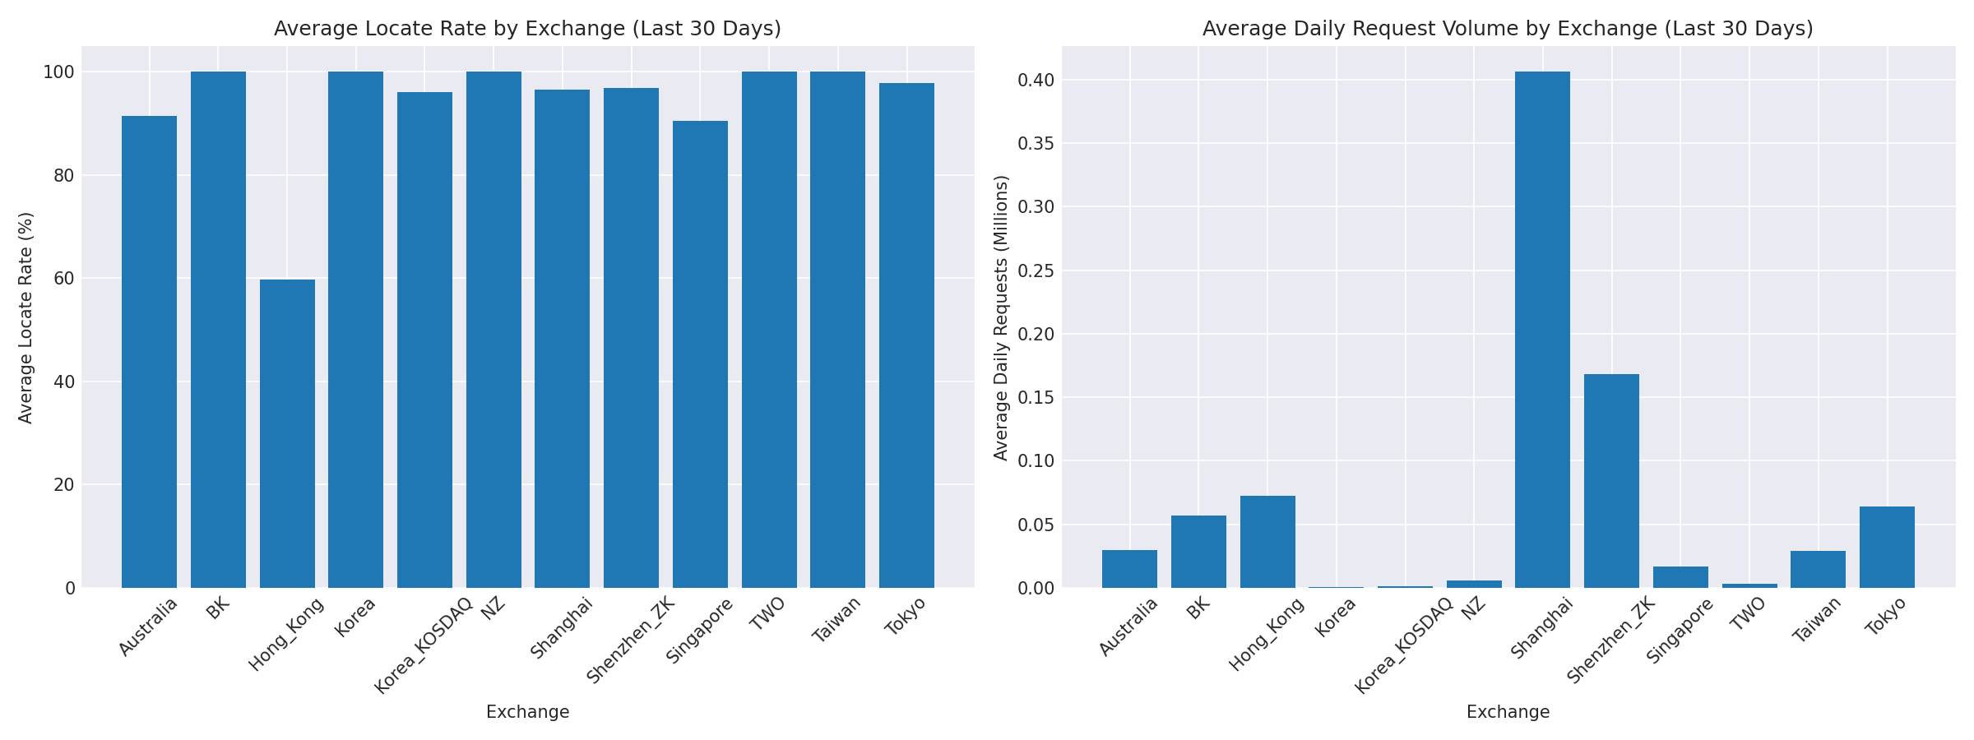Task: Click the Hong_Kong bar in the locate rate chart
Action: coord(287,433)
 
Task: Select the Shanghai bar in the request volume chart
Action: coord(1542,329)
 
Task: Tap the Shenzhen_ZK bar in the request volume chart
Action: coord(1611,481)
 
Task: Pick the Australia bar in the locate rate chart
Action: coord(149,352)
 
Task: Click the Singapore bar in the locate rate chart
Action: coord(700,354)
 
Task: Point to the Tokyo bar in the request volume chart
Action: coord(1887,547)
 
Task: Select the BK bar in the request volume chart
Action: coord(1198,552)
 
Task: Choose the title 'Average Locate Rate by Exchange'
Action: coord(527,29)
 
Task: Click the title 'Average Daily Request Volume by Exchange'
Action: coord(1508,29)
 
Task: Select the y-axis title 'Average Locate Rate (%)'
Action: coord(26,317)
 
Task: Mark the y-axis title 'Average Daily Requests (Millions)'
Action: coord(1001,317)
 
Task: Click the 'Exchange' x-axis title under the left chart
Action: coord(527,712)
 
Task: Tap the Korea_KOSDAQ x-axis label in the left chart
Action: coord(424,645)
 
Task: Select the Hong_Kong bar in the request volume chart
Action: coord(1267,542)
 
